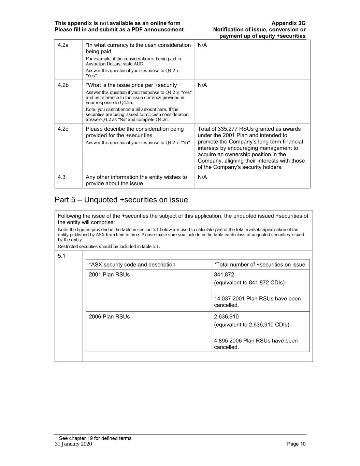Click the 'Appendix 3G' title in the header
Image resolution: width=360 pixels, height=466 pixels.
pyautogui.click(x=288, y=23)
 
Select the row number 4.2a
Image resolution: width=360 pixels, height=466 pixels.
pyautogui.click(x=63, y=45)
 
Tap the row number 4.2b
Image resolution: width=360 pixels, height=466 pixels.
pyautogui.click(x=63, y=85)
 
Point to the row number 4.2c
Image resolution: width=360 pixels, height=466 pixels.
pyautogui.click(x=63, y=129)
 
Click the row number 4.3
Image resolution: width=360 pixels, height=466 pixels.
pyautogui.click(x=62, y=177)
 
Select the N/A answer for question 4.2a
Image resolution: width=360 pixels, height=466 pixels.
pyautogui.click(x=202, y=45)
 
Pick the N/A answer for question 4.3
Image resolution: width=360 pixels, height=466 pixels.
pyautogui.click(x=202, y=177)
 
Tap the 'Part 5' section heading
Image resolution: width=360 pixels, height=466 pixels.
pyautogui.click(x=121, y=200)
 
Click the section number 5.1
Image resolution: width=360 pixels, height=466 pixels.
pyautogui.click(x=61, y=256)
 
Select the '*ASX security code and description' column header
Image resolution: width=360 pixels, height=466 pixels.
pyautogui.click(x=132, y=265)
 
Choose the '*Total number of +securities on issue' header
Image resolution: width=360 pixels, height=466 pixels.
pyautogui.click(x=260, y=265)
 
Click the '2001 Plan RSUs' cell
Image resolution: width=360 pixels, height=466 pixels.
pyautogui.click(x=109, y=274)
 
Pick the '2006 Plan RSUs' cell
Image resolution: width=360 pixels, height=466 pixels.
pyautogui.click(x=109, y=316)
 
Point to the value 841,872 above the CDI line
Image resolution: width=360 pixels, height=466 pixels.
pyautogui.click(x=224, y=274)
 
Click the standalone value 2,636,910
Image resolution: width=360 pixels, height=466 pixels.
pyautogui.click(x=226, y=316)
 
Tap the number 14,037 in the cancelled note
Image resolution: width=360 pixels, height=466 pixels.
pyautogui.click(x=222, y=298)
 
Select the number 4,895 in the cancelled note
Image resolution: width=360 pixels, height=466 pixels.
pyautogui.click(x=221, y=340)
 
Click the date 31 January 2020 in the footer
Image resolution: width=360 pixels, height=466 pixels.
pyautogui.click(x=73, y=444)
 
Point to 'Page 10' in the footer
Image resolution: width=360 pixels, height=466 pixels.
pyautogui.click(x=296, y=444)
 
